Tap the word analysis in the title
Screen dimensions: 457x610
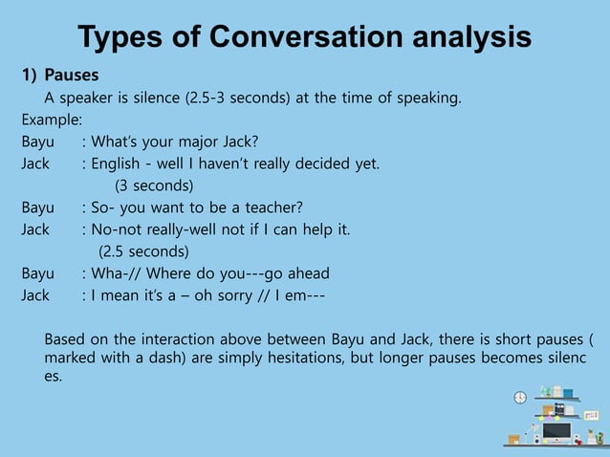pyautogui.click(x=473, y=37)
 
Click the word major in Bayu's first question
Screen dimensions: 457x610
pyautogui.click(x=195, y=141)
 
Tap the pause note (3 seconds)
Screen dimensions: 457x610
pyautogui.click(x=154, y=185)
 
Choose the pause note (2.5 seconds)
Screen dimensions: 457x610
pyautogui.click(x=144, y=251)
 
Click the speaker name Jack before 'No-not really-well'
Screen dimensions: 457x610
pyautogui.click(x=35, y=229)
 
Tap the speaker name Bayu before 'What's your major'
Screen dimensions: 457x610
pyautogui.click(x=38, y=141)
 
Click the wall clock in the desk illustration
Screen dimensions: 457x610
pyautogui.click(x=520, y=397)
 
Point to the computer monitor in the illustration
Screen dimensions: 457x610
pyautogui.click(x=556, y=431)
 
